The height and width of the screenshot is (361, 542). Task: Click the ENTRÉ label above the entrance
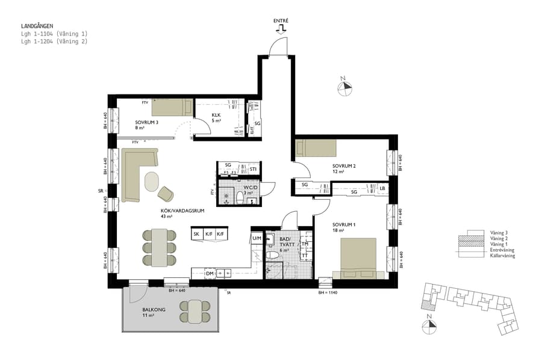tap(281, 20)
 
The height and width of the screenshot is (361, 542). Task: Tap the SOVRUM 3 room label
tap(146, 122)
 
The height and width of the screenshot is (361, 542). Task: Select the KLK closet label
tap(216, 114)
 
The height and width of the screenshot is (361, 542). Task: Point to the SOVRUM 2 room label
tap(343, 165)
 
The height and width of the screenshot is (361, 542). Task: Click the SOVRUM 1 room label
tap(343, 224)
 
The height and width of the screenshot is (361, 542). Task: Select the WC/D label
tap(251, 187)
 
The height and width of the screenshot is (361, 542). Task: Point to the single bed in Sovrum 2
tap(316, 148)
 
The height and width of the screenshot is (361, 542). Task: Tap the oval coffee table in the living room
tap(151, 181)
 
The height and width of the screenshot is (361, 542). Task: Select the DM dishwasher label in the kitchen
tap(210, 274)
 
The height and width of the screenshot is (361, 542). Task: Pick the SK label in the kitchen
tap(196, 233)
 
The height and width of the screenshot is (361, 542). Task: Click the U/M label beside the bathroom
tap(257, 239)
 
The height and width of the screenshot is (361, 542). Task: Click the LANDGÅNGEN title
tap(38, 26)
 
